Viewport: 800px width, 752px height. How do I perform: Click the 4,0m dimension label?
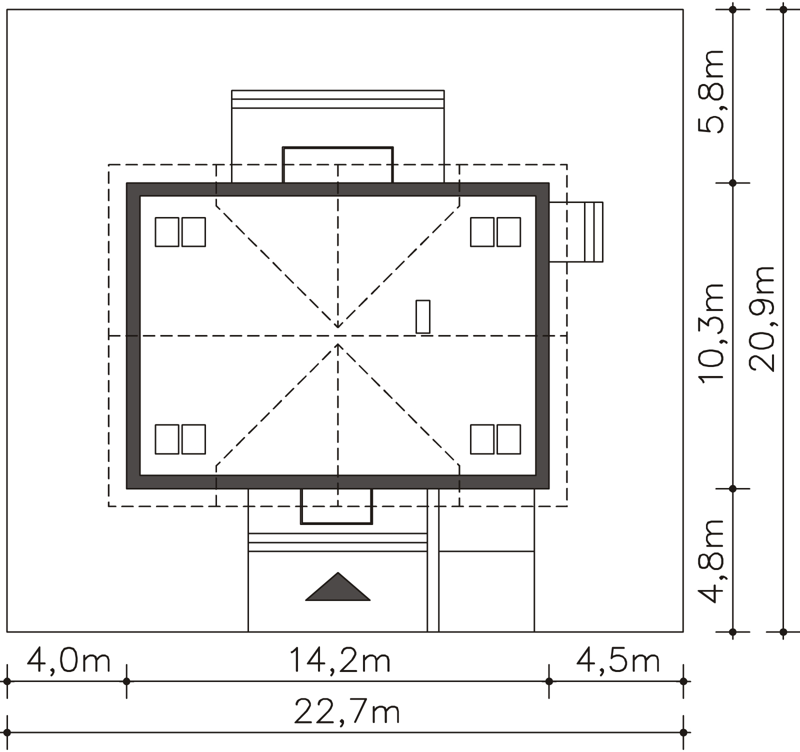pos(68,661)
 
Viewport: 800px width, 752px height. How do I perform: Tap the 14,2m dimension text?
pos(340,661)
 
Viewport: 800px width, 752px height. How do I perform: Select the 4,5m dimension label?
pos(618,661)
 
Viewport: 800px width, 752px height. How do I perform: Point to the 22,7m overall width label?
pos(347,711)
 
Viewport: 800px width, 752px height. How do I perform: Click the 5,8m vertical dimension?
pos(710,91)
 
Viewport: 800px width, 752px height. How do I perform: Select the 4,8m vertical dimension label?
pos(710,560)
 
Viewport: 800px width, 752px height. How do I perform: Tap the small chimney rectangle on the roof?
pos(423,316)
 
